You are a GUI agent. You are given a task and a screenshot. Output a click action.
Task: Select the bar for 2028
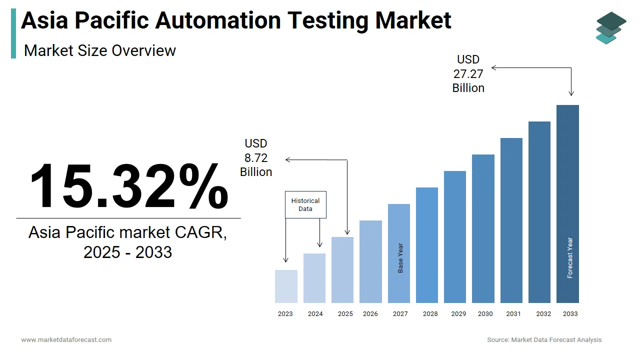[x=426, y=245]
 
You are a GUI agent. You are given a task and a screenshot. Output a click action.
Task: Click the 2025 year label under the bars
[x=345, y=314]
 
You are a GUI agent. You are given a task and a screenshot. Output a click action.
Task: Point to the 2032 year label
[x=543, y=314]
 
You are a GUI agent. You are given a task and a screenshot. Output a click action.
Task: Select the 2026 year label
[x=370, y=314]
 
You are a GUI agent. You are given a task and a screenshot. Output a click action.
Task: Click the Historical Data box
[x=305, y=204]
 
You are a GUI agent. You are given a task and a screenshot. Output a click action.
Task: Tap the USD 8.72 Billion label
[x=256, y=158]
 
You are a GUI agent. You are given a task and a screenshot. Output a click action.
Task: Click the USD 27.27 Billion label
[x=468, y=74]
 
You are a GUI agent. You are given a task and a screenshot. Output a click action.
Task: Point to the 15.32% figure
[x=129, y=186]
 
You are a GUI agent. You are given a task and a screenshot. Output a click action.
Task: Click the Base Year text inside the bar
[x=400, y=258]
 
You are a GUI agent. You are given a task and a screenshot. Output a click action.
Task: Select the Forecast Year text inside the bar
[x=569, y=258]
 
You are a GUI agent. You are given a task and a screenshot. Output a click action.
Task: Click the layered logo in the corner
[x=610, y=28]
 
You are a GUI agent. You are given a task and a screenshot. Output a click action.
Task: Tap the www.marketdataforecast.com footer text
[x=66, y=340]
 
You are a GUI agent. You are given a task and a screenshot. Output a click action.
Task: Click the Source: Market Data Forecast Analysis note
[x=544, y=340]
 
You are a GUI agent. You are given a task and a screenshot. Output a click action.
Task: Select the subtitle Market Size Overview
[x=100, y=50]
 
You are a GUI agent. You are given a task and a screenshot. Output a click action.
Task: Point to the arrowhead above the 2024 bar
[x=320, y=244]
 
